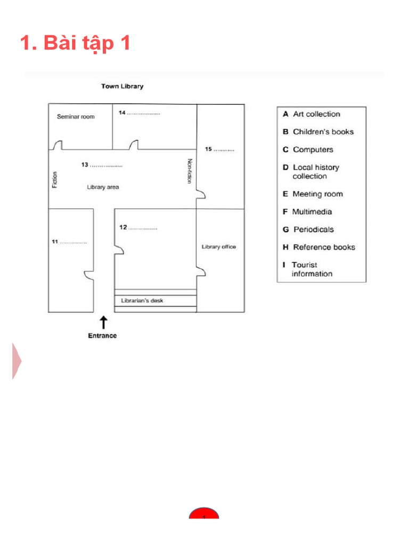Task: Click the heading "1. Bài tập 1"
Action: (x=75, y=43)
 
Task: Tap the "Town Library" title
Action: (x=122, y=86)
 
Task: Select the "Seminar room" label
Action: (x=76, y=117)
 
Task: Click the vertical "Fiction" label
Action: (x=54, y=179)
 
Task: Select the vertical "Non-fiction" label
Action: (x=189, y=171)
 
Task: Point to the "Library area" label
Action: (x=103, y=187)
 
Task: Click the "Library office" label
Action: (x=218, y=247)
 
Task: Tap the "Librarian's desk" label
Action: (x=142, y=301)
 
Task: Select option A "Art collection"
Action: (x=312, y=114)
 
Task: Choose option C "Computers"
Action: (x=308, y=150)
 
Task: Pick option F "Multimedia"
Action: (x=307, y=212)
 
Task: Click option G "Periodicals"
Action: (x=309, y=229)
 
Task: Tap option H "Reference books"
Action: (x=319, y=247)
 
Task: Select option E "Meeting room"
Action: (x=313, y=194)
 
